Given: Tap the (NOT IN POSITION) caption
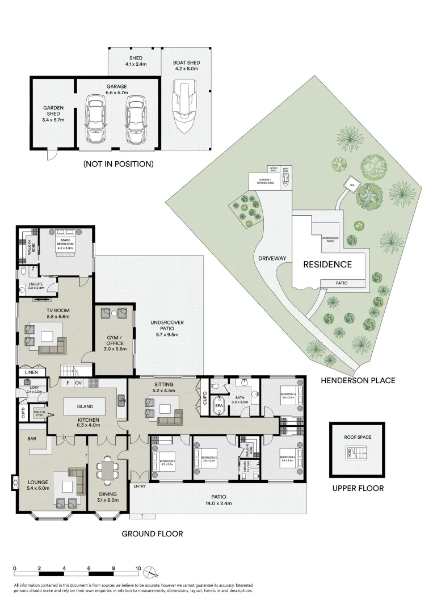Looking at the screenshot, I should (118, 164).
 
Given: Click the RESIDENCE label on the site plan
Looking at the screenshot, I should (327, 264).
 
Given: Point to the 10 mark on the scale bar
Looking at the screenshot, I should (138, 568).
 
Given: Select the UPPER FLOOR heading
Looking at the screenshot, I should (358, 488).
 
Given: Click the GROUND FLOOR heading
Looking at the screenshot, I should (152, 534).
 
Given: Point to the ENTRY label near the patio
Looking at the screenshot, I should (140, 486).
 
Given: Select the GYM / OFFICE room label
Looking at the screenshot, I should (115, 340).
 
